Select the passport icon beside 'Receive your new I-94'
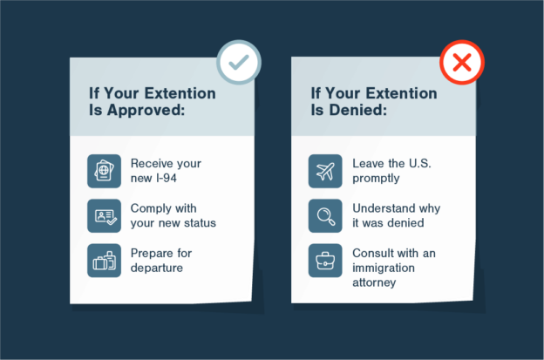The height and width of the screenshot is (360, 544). [x=105, y=171]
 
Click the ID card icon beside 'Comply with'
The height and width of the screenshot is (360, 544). [x=105, y=215]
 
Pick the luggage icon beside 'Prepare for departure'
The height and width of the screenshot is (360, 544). [x=105, y=260]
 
